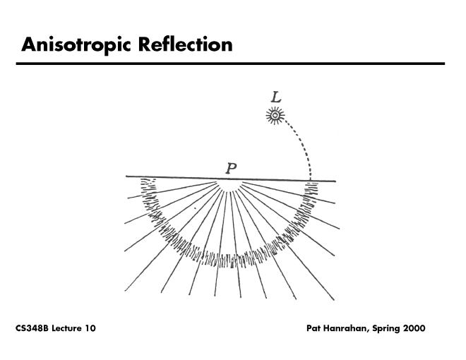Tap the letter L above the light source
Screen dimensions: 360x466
click(x=275, y=97)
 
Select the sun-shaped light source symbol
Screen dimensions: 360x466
click(x=273, y=115)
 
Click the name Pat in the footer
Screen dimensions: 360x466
click(x=315, y=329)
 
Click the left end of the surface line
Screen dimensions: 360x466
click(x=128, y=176)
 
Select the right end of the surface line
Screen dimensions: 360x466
click(x=335, y=181)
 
